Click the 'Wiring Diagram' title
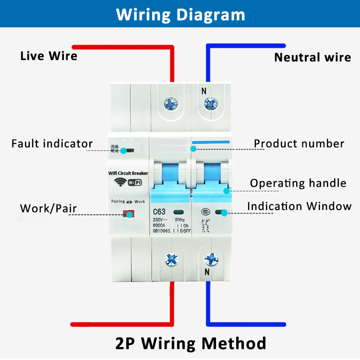180,14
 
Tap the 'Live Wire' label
48,56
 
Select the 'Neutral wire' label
312,58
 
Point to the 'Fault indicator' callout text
52,144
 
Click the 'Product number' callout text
299,144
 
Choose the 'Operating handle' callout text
298,183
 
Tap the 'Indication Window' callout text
300,206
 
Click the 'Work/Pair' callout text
48,208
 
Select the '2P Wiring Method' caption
191,343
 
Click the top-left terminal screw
170,103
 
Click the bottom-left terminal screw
170,259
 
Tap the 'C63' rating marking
160,211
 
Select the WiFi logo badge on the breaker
134,182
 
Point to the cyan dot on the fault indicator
124,151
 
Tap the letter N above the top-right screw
204,90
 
